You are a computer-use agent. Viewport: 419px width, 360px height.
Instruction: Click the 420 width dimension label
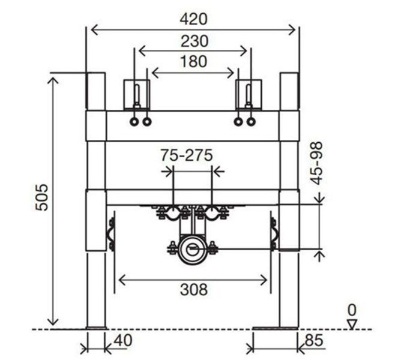pos(193,19)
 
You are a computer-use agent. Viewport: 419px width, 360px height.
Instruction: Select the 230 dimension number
pos(194,41)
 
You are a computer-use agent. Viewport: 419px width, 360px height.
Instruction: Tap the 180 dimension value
pos(194,61)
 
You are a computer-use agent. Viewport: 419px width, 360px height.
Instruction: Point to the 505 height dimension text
pos(42,197)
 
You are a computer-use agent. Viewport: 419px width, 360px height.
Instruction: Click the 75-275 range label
pos(187,155)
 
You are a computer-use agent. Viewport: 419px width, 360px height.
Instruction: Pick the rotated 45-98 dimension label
pos(317,163)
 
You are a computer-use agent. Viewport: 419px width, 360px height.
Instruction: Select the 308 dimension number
pos(194,289)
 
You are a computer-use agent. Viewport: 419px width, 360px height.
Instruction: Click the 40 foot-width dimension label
pos(123,341)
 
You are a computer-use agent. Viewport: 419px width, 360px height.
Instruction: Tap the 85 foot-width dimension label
pos(315,341)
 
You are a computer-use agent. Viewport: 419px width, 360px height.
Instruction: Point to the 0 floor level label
pos(352,310)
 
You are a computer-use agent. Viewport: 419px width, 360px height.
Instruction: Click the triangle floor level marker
pos(352,324)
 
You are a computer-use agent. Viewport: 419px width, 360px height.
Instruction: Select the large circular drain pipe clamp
pos(193,250)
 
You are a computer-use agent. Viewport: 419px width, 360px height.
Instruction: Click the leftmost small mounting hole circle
pos(134,122)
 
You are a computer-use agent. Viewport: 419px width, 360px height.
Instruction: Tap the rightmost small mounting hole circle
pos(251,122)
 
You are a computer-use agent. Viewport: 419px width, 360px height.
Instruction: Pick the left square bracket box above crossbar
pos(136,95)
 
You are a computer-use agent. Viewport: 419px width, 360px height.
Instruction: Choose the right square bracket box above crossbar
pos(249,95)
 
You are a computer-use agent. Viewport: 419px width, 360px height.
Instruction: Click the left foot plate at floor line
pos(96,328)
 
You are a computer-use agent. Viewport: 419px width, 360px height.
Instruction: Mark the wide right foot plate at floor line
pos(276,328)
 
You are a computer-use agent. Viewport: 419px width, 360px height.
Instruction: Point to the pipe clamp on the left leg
pos(112,235)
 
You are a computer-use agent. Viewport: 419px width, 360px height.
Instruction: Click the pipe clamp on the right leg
pos(274,235)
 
